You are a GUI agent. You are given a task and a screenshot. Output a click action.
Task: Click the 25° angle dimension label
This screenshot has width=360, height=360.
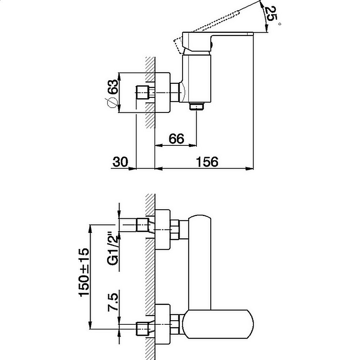point(271,14)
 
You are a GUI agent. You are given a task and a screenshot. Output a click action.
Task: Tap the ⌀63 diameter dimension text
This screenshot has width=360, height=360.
point(112,94)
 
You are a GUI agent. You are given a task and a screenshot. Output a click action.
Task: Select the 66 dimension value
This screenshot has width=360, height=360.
point(176,139)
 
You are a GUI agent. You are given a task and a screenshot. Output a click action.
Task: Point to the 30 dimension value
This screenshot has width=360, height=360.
point(120,162)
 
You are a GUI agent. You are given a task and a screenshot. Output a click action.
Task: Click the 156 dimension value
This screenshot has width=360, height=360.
point(207,162)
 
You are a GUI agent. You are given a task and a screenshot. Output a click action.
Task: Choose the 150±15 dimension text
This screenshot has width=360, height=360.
point(84,273)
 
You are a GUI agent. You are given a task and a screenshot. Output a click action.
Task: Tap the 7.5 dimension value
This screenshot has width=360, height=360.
point(113,302)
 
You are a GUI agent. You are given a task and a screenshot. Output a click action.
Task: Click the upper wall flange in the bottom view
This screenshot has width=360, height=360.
point(163,229)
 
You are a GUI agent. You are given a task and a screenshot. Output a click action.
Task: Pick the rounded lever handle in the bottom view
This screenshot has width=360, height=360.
point(219,324)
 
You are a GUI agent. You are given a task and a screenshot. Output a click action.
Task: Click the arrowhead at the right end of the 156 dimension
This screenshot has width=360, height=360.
point(250,168)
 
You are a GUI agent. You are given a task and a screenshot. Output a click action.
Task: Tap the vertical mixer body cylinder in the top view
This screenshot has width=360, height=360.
point(197,78)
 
